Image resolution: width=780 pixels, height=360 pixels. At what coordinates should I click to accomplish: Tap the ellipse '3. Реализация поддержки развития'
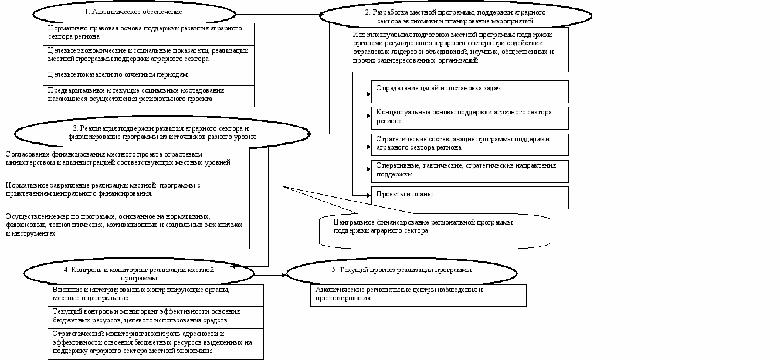pyautogui.click(x=161, y=133)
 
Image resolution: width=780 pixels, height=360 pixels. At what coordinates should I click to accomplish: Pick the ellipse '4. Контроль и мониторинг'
pyautogui.click(x=139, y=273)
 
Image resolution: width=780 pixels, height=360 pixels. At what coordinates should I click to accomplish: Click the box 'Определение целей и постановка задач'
pyautogui.click(x=469, y=91)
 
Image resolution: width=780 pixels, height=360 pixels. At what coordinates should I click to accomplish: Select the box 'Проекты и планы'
pyautogui.click(x=469, y=197)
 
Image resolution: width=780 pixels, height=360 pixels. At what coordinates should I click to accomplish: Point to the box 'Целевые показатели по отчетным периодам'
pyautogui.click(x=149, y=76)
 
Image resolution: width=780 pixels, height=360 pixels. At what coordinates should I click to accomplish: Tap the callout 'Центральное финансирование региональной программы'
pyautogui.click(x=434, y=229)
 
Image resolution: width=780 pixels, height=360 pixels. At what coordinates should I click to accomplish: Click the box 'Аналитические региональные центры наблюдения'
pyautogui.click(x=418, y=295)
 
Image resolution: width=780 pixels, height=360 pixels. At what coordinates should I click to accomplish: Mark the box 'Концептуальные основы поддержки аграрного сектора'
pyautogui.click(x=469, y=117)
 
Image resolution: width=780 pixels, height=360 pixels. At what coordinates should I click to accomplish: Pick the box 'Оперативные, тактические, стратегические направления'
pyautogui.click(x=469, y=171)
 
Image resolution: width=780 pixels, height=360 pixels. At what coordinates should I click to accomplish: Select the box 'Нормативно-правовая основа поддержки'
pyautogui.click(x=149, y=33)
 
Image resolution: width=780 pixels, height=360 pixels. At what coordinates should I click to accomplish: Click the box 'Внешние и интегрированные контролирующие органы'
pyautogui.click(x=155, y=294)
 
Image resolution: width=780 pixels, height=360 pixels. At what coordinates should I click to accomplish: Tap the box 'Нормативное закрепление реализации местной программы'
pyautogui.click(x=125, y=193)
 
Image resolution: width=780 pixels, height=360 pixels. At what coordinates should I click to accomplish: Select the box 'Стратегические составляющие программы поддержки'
pyautogui.click(x=469, y=144)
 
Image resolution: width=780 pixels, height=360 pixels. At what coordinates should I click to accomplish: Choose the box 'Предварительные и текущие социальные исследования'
pyautogui.click(x=149, y=96)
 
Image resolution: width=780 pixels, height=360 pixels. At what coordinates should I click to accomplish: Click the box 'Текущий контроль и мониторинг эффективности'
pyautogui.click(x=155, y=317)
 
